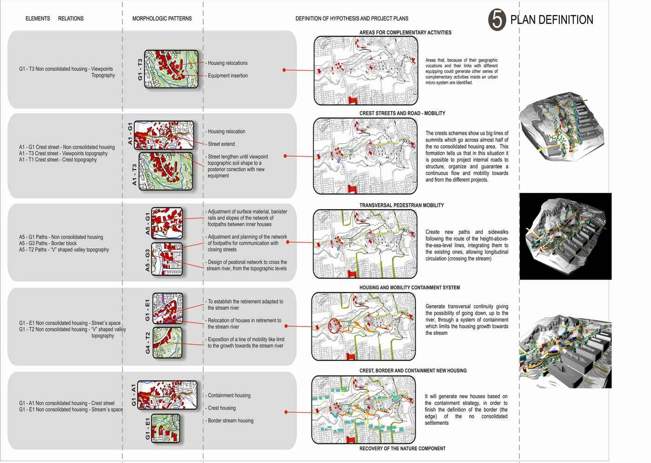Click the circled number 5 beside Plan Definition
pyautogui.click(x=497, y=20)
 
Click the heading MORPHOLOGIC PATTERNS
pyautogui.click(x=162, y=19)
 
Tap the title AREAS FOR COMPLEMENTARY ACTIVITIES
pyautogui.click(x=405, y=33)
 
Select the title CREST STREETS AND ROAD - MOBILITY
pyautogui.click(x=402, y=113)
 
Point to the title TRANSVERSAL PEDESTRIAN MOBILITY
pyautogui.click(x=401, y=205)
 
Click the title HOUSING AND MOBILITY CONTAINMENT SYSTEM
pyautogui.click(x=410, y=288)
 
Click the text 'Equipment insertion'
pyautogui.click(x=227, y=76)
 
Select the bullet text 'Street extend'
pyautogui.click(x=221, y=144)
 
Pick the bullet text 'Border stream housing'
pyautogui.click(x=231, y=421)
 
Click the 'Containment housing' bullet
pyautogui.click(x=229, y=395)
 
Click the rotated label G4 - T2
pyautogui.click(x=148, y=343)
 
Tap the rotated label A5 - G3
pyautogui.click(x=148, y=260)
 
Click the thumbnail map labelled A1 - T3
pyautogui.click(x=166, y=171)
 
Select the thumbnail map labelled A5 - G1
pyautogui.click(x=167, y=223)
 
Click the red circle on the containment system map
pyautogui.click(x=334, y=326)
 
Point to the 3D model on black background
pyautogui.click(x=565, y=236)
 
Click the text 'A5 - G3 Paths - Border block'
pyautogui.click(x=48, y=244)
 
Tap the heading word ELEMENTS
pyautogui.click(x=38, y=19)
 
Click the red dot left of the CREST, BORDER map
pyautogui.click(x=286, y=412)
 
